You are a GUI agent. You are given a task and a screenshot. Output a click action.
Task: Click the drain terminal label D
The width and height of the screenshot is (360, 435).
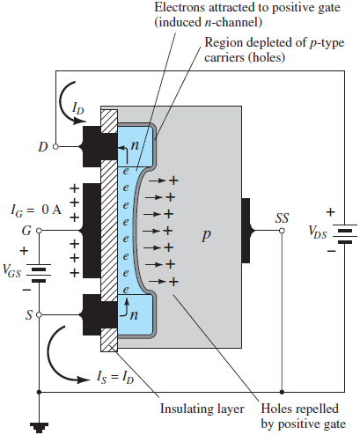pyautogui.click(x=43, y=146)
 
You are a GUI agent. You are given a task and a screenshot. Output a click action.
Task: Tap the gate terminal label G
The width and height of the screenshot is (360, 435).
pyautogui.click(x=26, y=231)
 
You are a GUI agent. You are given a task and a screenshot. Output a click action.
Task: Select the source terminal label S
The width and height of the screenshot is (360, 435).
pyautogui.click(x=29, y=315)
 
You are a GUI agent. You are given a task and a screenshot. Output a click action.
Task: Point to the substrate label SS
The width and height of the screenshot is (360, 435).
pyautogui.click(x=282, y=217)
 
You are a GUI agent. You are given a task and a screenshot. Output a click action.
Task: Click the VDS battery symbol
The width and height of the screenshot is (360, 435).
pyautogui.click(x=345, y=234)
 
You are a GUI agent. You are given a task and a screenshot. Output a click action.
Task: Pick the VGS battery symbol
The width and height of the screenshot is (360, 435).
pyautogui.click(x=39, y=273)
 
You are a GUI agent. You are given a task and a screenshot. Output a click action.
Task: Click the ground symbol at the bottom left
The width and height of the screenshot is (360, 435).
pyautogui.click(x=39, y=427)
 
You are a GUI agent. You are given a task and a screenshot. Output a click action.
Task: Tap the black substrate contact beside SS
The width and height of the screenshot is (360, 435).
pyautogui.click(x=246, y=231)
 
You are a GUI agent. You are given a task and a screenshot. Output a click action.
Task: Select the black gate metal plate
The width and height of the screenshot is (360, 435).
pyautogui.click(x=92, y=231)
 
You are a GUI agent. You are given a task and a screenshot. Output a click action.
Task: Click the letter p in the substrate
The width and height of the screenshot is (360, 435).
pyautogui.click(x=206, y=235)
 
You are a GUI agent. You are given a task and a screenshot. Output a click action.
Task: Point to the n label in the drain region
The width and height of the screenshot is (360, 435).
pyautogui.click(x=135, y=145)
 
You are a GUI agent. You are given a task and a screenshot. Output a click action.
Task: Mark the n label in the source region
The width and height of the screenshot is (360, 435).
pyautogui.click(x=134, y=315)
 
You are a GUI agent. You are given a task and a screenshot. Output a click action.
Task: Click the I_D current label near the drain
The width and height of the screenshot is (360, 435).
pyautogui.click(x=78, y=108)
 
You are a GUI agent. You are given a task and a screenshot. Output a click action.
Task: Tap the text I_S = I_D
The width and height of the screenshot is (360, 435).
pyautogui.click(x=115, y=377)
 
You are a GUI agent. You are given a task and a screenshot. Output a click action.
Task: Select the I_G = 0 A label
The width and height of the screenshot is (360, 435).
pyautogui.click(x=36, y=210)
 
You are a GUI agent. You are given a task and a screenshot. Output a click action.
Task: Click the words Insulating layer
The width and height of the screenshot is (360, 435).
pyautogui.click(x=202, y=409)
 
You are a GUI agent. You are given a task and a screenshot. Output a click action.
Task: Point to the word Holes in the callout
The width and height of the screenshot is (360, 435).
pyautogui.click(x=278, y=409)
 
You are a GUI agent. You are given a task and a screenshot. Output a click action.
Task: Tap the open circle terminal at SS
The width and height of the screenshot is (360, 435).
pyautogui.click(x=282, y=231)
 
